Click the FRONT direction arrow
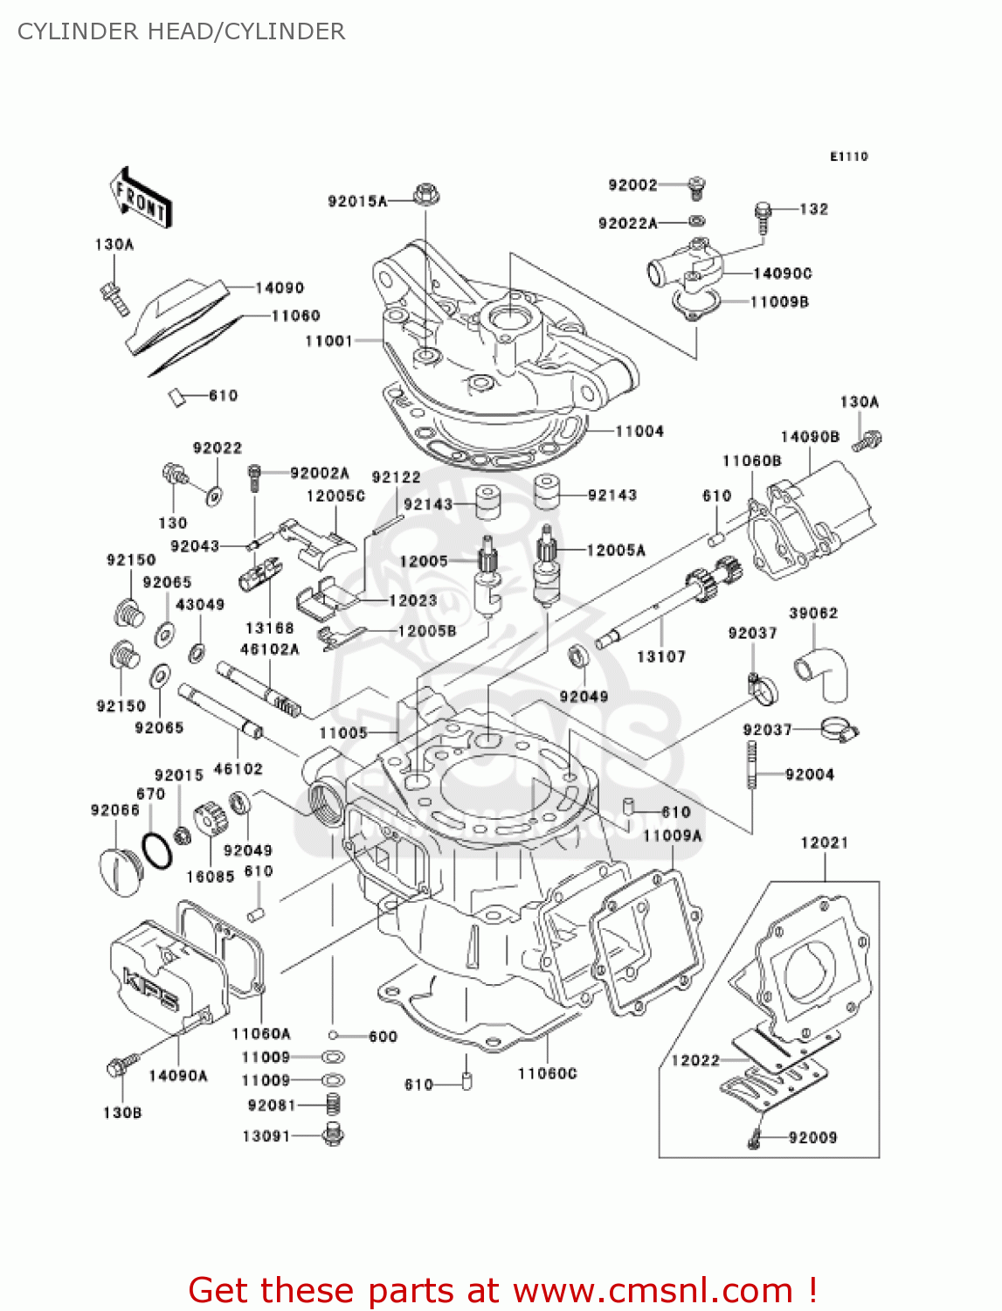pos(140,198)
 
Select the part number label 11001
pos(328,341)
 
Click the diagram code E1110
pos(848,156)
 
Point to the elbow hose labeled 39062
pos(823,671)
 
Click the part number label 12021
pos(824,843)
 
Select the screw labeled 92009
pos(755,1137)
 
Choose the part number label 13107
pos(660,656)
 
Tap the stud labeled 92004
pos(750,766)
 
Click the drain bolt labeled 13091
pos(333,1135)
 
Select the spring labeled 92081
pos(333,1105)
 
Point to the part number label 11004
pos(639,431)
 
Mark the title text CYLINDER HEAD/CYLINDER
pos(182,31)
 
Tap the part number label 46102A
pos(269,649)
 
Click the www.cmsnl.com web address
pos(652,1290)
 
